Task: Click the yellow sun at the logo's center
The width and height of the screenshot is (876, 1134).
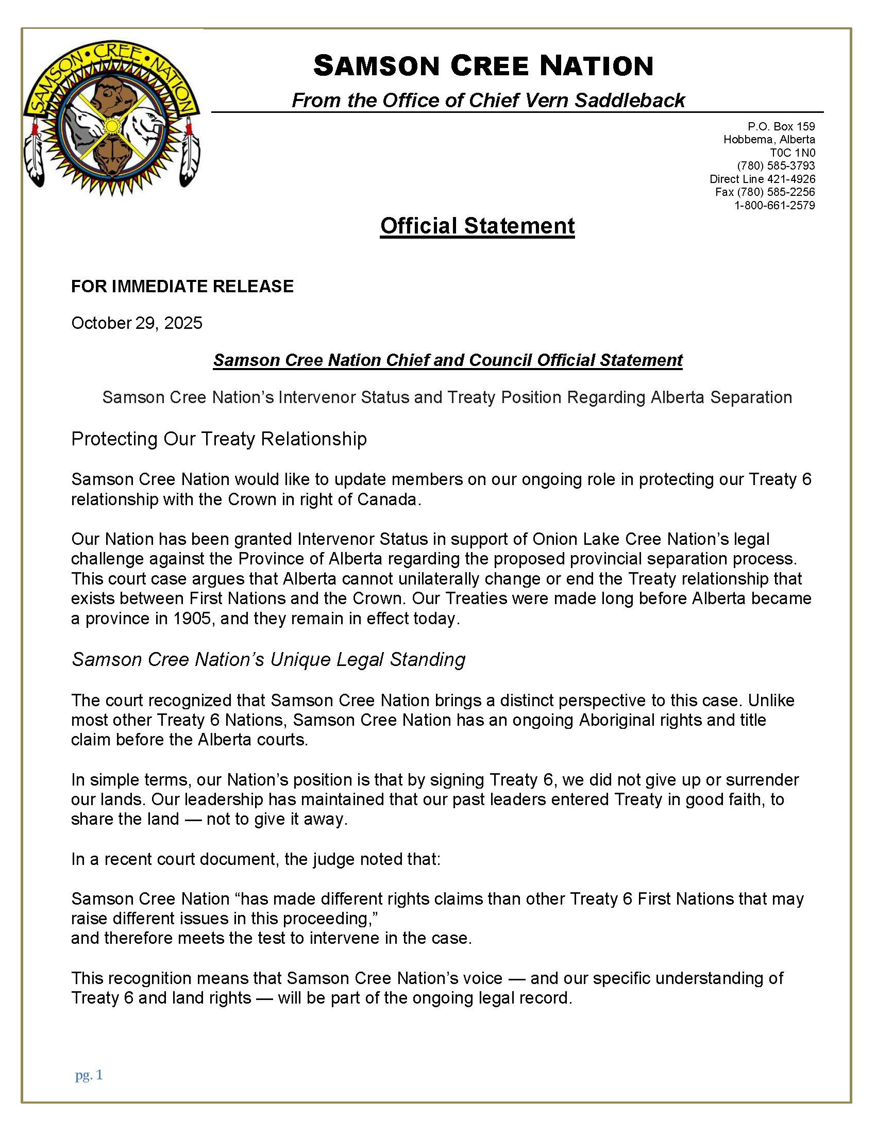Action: pyautogui.click(x=111, y=126)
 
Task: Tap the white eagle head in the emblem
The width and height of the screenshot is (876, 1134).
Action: pyautogui.click(x=147, y=124)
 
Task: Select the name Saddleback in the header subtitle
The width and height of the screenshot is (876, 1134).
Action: pyautogui.click(x=630, y=100)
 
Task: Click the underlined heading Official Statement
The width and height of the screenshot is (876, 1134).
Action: pyautogui.click(x=477, y=226)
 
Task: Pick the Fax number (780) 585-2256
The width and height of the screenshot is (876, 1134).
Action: pyautogui.click(x=765, y=192)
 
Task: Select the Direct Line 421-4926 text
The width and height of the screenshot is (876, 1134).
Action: pyautogui.click(x=762, y=179)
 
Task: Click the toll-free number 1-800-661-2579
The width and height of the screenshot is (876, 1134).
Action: pyautogui.click(x=774, y=206)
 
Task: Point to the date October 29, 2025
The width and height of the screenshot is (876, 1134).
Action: pyautogui.click(x=137, y=323)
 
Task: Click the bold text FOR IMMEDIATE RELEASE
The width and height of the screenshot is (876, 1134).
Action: pyautogui.click(x=182, y=286)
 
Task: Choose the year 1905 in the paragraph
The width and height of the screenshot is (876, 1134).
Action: pyautogui.click(x=193, y=619)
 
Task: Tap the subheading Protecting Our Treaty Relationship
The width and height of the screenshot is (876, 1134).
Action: pyautogui.click(x=218, y=439)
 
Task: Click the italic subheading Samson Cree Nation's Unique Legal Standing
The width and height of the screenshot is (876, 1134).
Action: pyautogui.click(x=268, y=659)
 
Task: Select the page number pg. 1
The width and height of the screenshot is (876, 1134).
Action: pyautogui.click(x=89, y=1075)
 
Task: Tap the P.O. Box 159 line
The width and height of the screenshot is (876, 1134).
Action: pyautogui.click(x=781, y=126)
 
